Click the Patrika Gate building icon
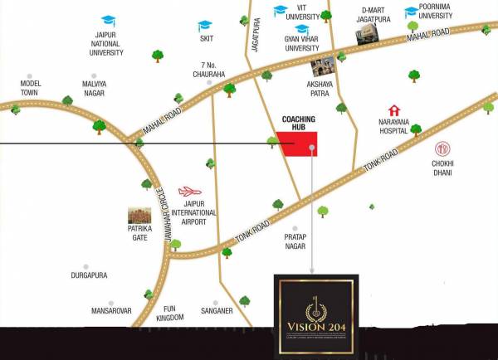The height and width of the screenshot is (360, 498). pyautogui.click(x=139, y=218)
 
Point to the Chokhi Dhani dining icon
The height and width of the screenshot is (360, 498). pyautogui.click(x=442, y=150)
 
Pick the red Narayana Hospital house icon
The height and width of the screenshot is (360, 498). pyautogui.click(x=394, y=110)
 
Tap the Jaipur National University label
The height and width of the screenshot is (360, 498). pyautogui.click(x=106, y=44)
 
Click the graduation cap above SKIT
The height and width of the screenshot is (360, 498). pyautogui.click(x=206, y=25)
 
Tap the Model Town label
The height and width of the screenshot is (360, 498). pyautogui.click(x=31, y=88)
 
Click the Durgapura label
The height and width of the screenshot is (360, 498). pyautogui.click(x=89, y=275)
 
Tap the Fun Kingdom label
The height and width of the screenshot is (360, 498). pyautogui.click(x=169, y=312)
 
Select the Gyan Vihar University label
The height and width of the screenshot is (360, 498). pyautogui.click(x=302, y=43)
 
